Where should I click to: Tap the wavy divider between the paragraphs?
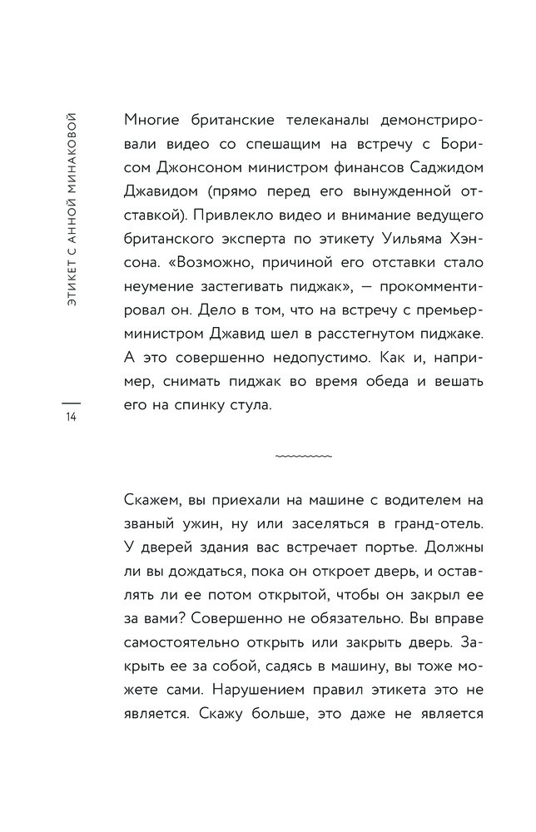[303, 457]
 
